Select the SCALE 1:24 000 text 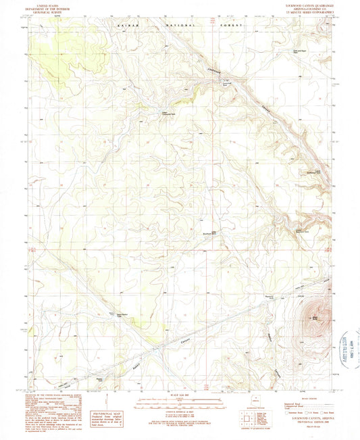pos(179,395)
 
